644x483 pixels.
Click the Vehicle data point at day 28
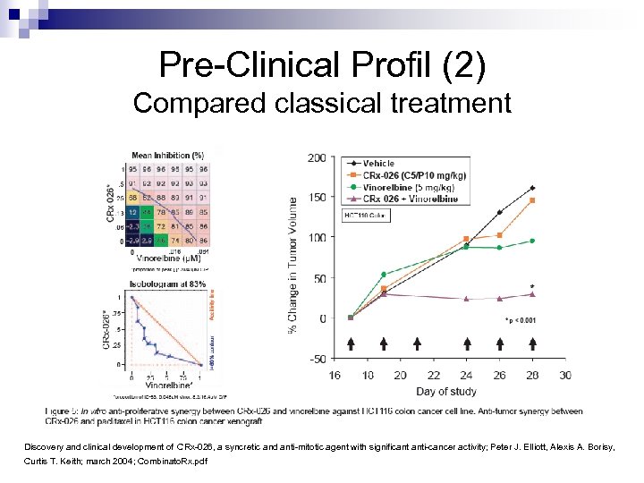(532, 188)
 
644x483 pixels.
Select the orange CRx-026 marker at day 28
(532, 200)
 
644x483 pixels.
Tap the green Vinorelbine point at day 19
(384, 274)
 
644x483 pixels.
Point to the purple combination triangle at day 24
(466, 299)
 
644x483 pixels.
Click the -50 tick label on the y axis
(316, 359)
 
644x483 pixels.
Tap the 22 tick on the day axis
(433, 375)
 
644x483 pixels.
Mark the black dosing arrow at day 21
(417, 343)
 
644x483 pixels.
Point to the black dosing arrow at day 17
(351, 343)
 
